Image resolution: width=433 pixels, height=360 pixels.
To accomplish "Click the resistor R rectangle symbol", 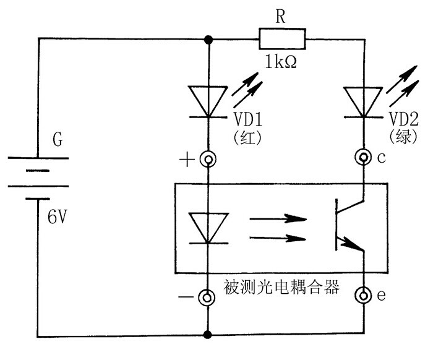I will [281, 41].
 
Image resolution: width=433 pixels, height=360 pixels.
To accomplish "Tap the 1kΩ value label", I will [280, 62].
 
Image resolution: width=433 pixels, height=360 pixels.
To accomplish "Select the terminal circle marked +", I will [208, 161].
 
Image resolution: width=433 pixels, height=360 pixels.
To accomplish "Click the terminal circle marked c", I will [362, 158].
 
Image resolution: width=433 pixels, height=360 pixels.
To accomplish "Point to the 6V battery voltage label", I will [58, 217].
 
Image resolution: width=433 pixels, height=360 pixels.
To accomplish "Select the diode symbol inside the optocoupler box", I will [208, 228].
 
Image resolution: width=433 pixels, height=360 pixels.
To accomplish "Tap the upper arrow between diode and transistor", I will [278, 218].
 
